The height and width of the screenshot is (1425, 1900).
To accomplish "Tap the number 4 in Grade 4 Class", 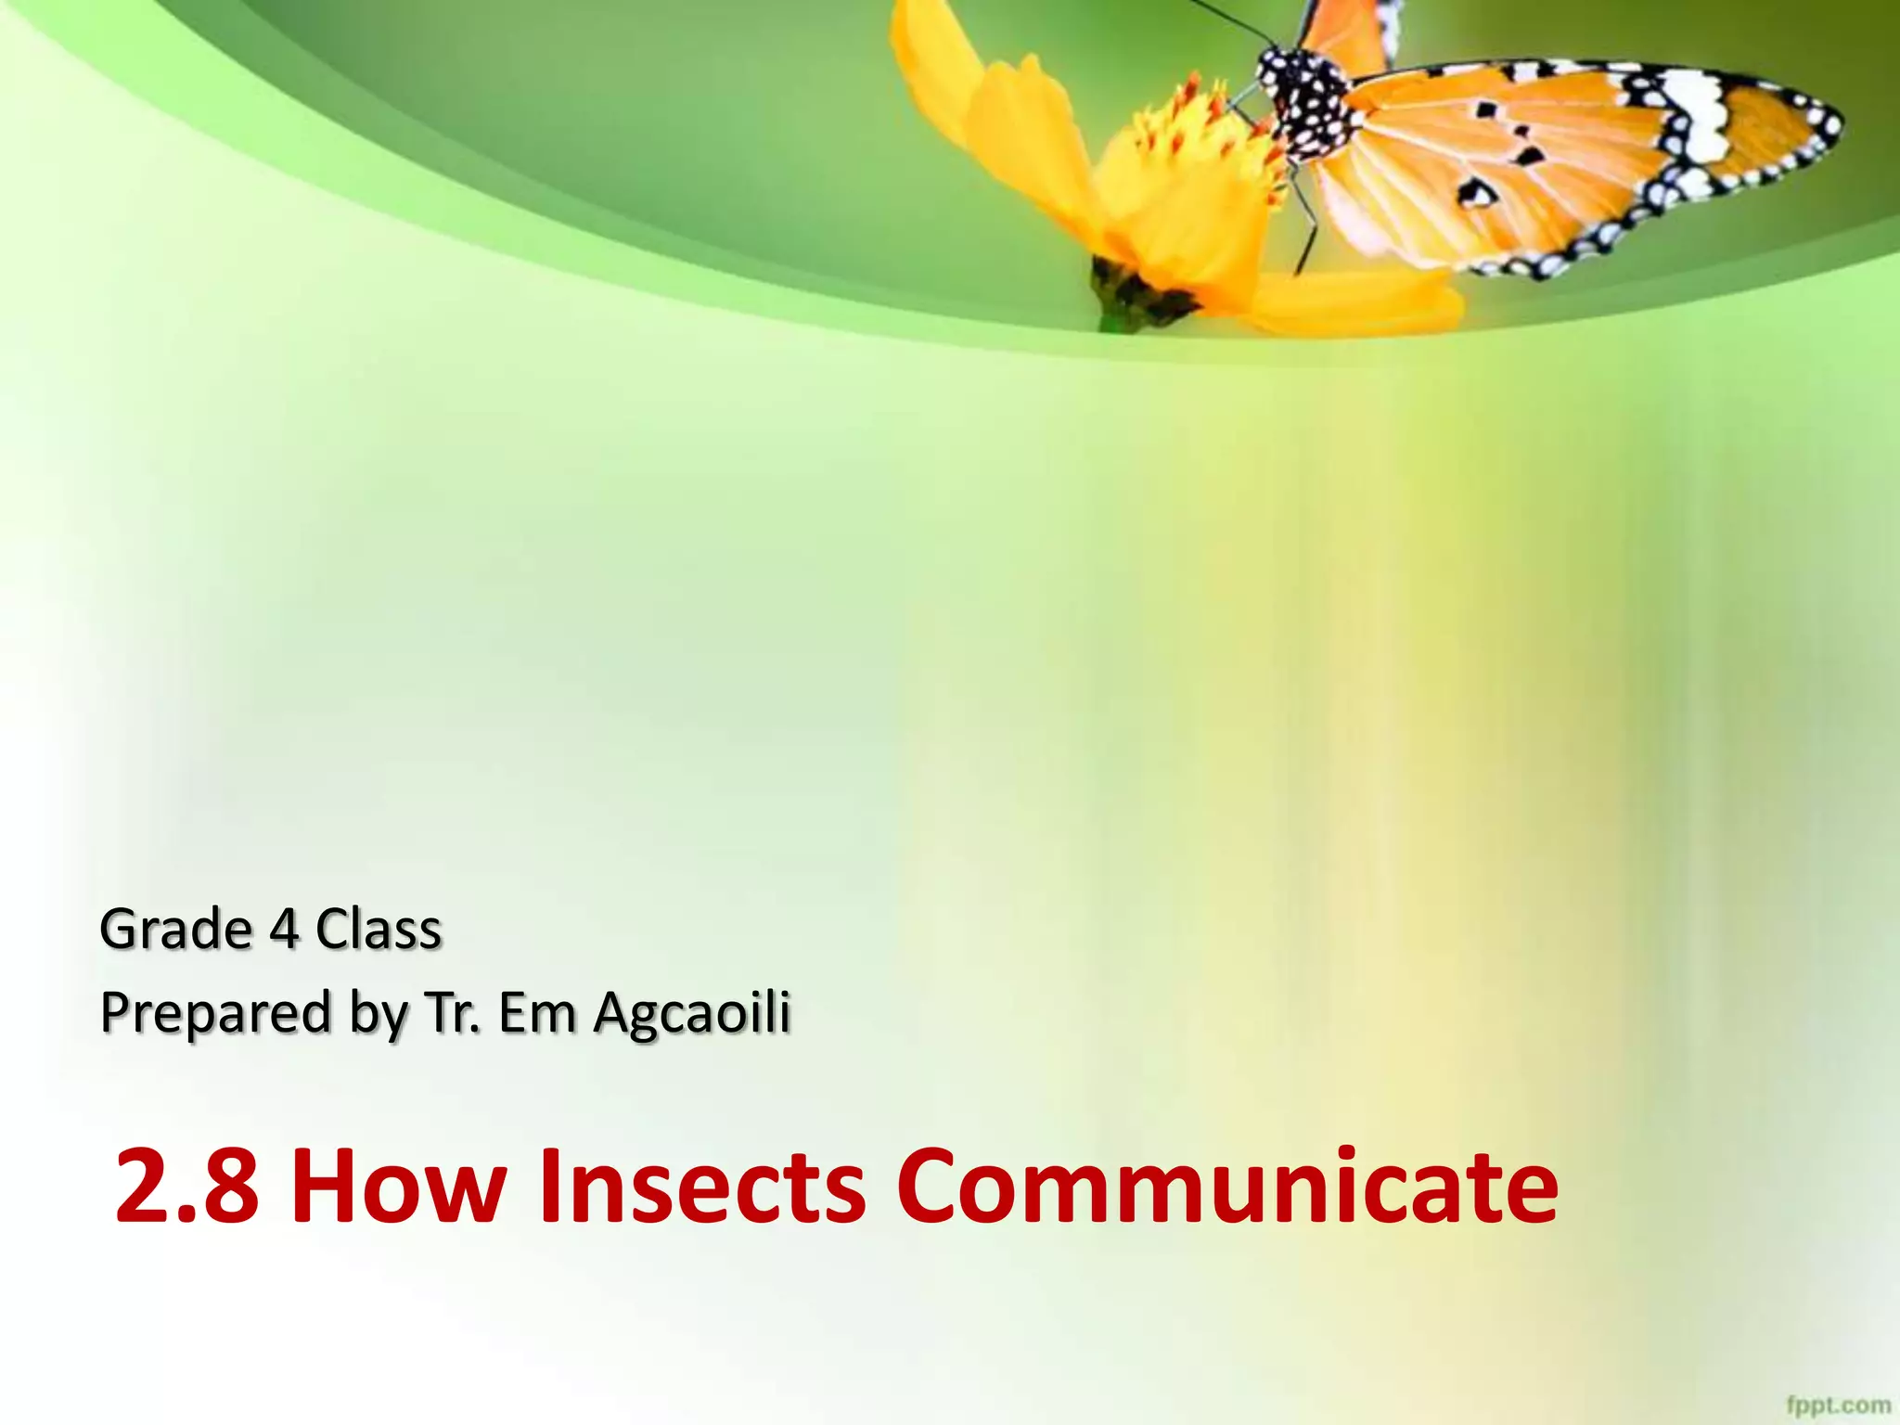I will (x=284, y=930).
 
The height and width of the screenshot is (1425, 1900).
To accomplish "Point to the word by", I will (x=379, y=1014).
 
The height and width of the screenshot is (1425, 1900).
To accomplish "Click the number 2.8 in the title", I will (x=186, y=1187).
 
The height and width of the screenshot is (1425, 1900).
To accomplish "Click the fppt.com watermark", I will (x=1838, y=1405).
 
